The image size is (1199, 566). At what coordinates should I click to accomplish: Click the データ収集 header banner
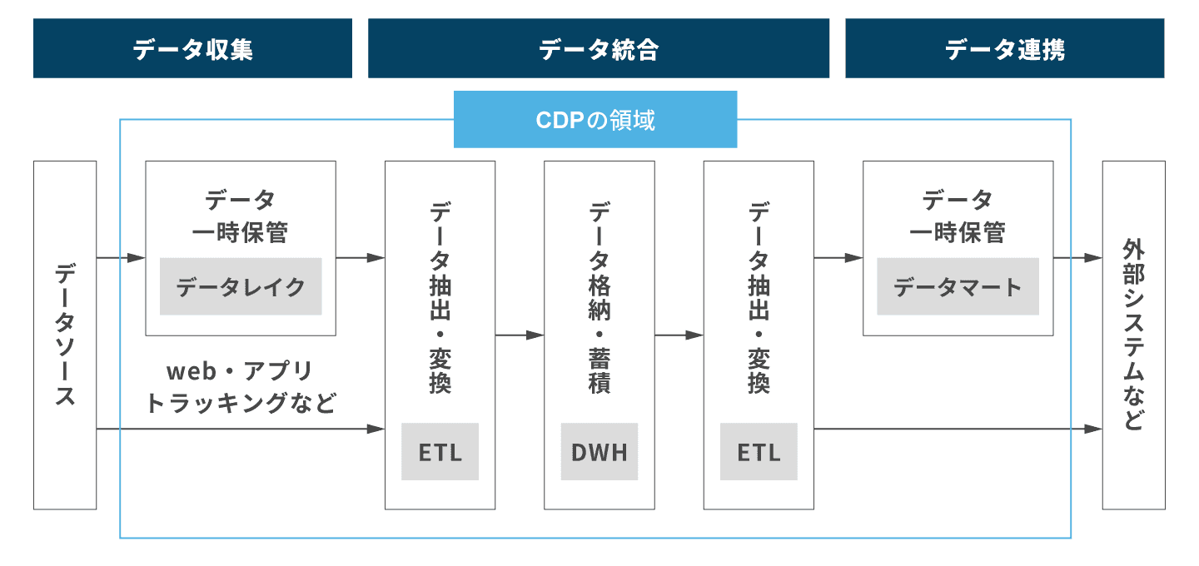click(x=192, y=48)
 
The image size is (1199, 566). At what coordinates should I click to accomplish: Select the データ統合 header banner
click(x=599, y=48)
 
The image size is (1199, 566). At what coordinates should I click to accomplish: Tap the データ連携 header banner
click(x=1005, y=48)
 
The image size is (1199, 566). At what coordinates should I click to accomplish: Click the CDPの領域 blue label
click(x=595, y=119)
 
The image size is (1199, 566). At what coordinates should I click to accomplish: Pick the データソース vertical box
click(x=65, y=335)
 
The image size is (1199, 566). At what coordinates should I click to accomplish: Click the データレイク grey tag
click(x=241, y=286)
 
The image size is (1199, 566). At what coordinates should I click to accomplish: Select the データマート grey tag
click(x=958, y=286)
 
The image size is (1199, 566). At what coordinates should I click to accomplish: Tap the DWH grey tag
click(x=599, y=451)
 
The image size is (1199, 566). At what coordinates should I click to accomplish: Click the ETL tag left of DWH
click(x=440, y=451)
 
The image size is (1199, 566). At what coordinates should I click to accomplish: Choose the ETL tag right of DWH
click(x=759, y=451)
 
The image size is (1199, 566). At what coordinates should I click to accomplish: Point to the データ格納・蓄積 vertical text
click(x=599, y=297)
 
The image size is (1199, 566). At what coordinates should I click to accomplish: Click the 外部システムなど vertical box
click(x=1134, y=335)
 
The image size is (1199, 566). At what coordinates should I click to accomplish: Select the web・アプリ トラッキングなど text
click(x=241, y=387)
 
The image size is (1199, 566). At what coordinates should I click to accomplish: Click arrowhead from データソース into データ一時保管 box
click(x=137, y=258)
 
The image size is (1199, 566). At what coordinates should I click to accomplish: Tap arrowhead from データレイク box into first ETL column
click(x=376, y=258)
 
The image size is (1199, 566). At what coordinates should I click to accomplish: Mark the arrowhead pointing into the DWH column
click(x=535, y=335)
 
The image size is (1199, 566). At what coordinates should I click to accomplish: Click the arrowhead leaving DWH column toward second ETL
click(x=694, y=335)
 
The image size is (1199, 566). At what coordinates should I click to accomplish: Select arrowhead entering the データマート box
click(x=853, y=258)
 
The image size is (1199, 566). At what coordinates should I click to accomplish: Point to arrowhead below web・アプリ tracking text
click(x=376, y=429)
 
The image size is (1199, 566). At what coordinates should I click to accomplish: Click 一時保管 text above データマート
click(x=958, y=233)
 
